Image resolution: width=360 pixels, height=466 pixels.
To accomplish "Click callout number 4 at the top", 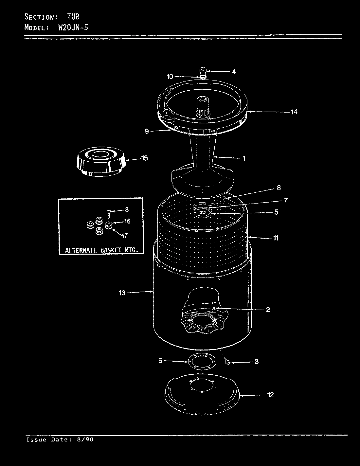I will click(234, 72).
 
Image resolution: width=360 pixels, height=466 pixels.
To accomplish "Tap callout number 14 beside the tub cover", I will click(294, 112).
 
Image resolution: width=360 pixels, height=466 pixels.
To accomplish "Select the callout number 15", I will click(144, 158).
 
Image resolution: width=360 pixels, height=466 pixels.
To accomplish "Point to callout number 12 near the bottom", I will click(270, 395).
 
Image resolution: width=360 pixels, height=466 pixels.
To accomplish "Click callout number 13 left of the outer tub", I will click(122, 293).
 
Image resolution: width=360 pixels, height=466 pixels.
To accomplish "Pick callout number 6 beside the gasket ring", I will click(160, 361).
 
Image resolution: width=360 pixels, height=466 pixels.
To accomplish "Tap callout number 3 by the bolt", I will click(257, 362).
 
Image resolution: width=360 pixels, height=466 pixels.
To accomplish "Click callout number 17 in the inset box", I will click(124, 235).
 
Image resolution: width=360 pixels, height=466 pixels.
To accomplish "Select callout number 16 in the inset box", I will click(127, 221).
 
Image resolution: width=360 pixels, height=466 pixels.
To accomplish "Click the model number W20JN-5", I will click(73, 27).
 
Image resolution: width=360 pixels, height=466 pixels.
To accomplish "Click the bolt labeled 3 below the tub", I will click(228, 362).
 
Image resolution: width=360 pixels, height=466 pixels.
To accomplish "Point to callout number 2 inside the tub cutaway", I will click(268, 309).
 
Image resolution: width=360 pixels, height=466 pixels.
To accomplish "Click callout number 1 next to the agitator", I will click(244, 158).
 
